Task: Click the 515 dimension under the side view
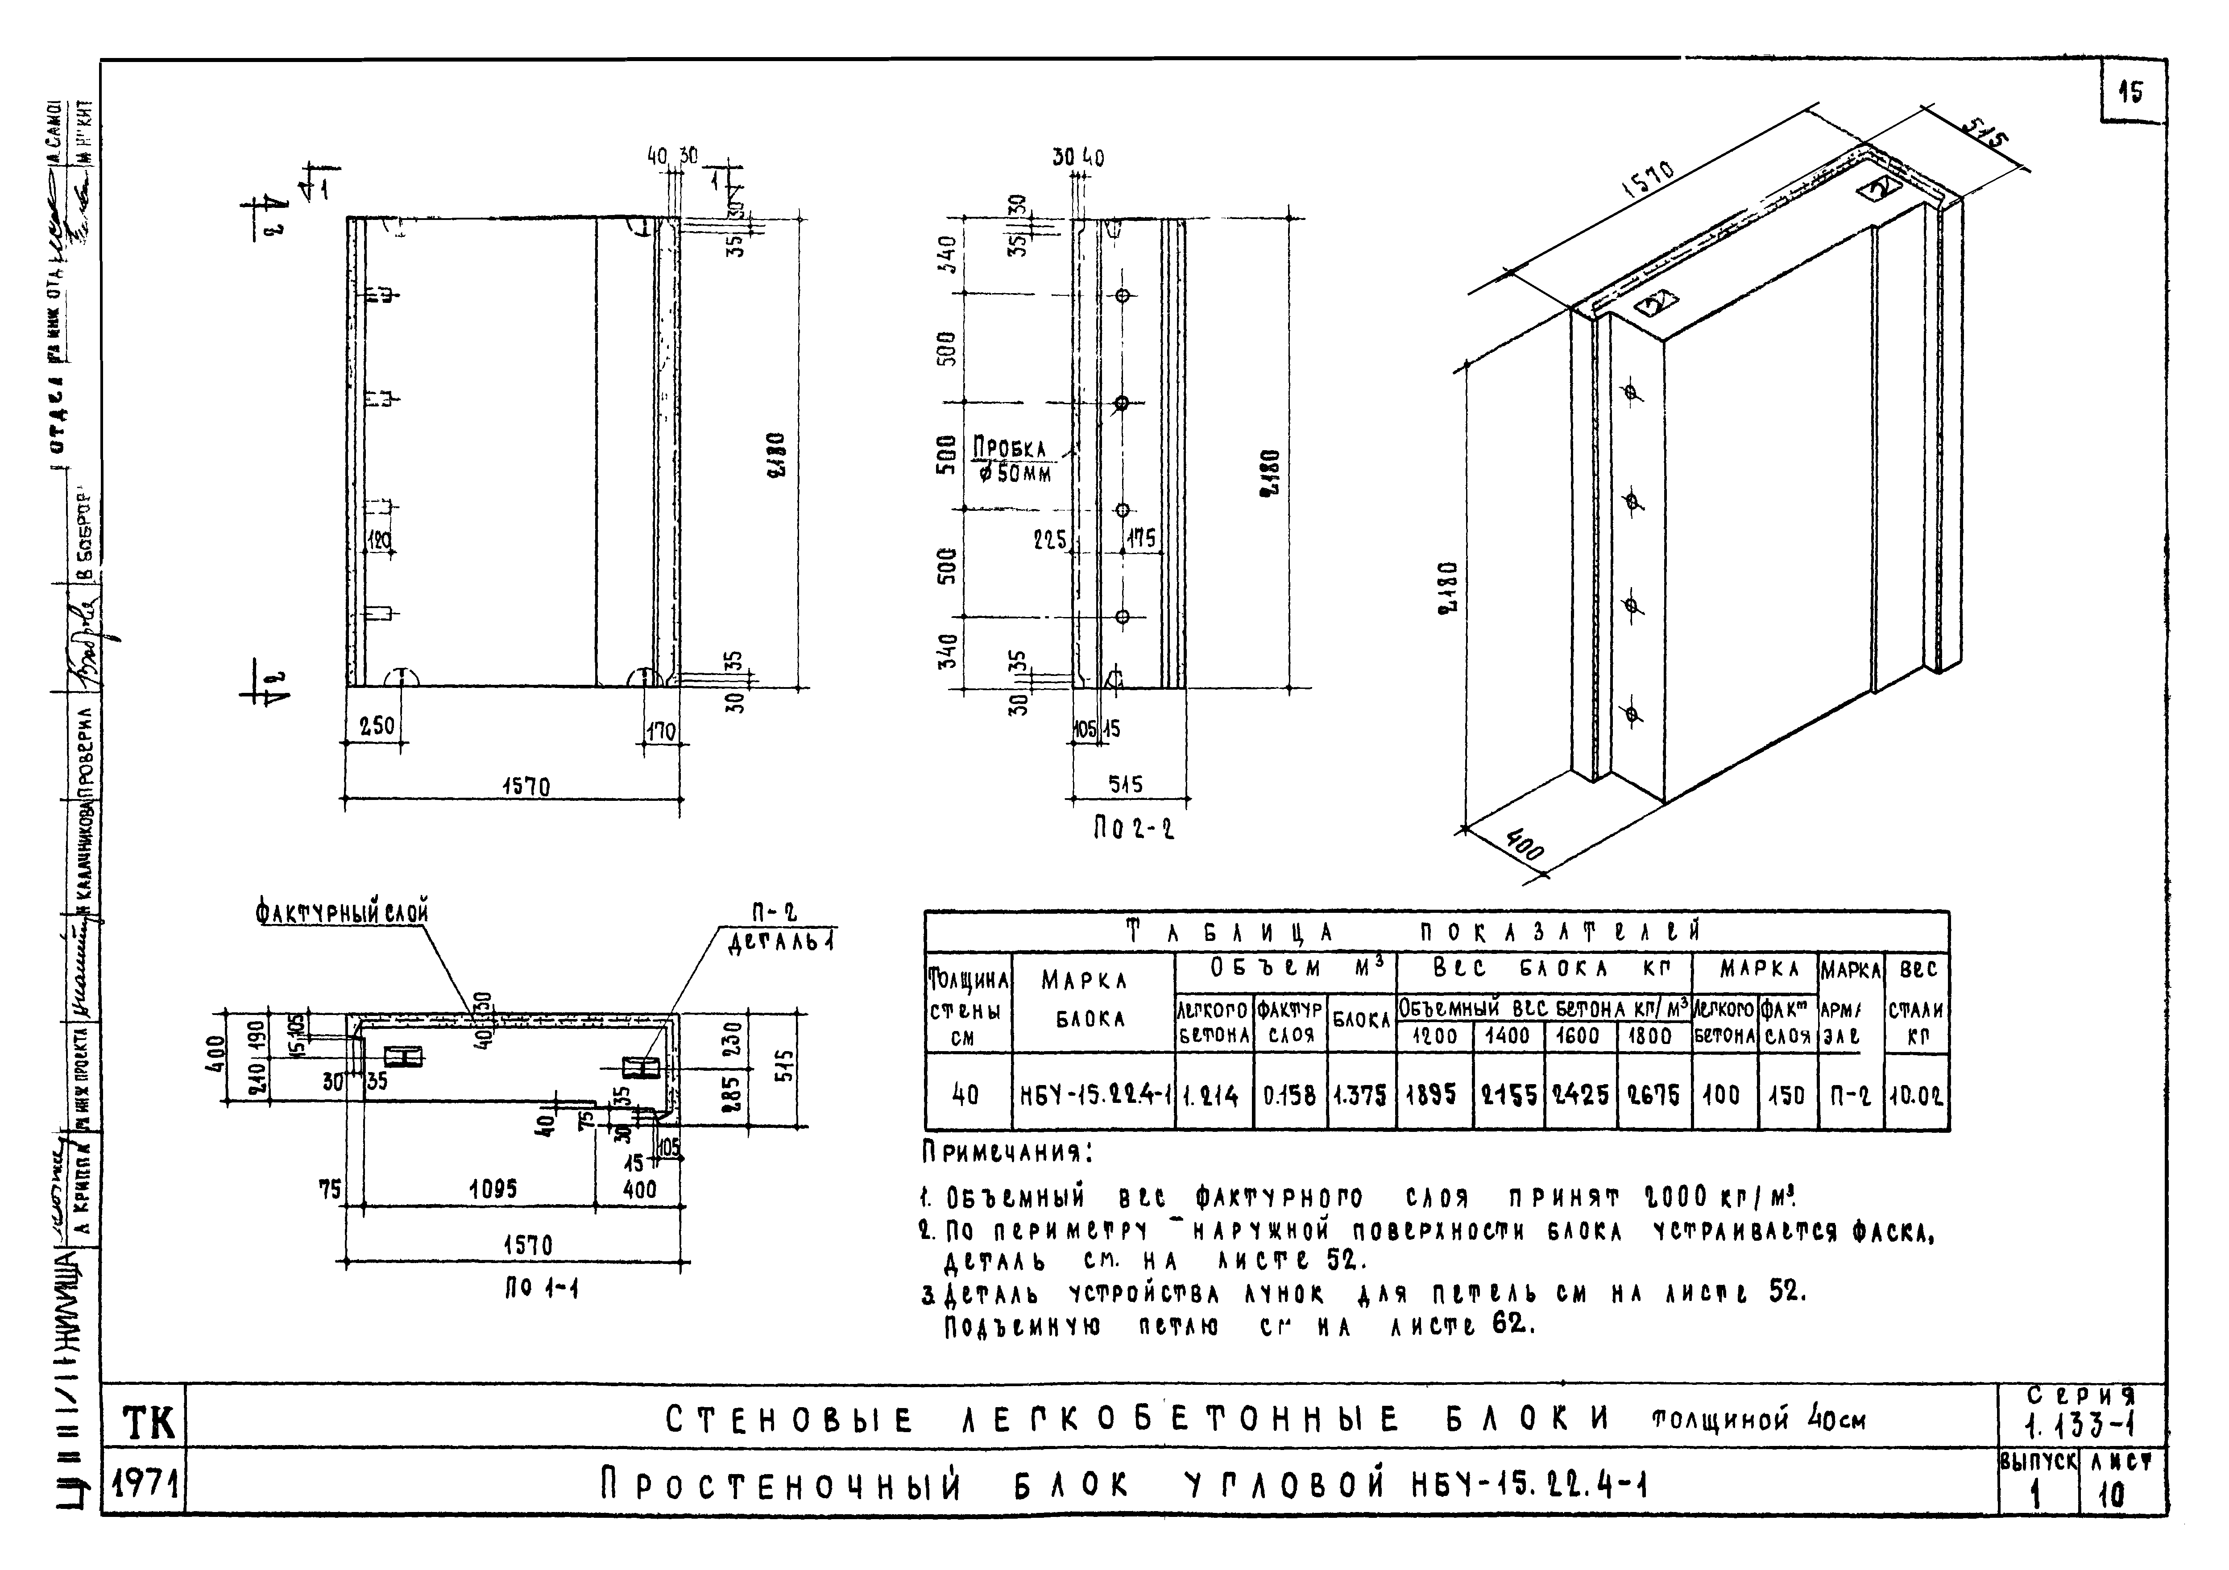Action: pyautogui.click(x=1126, y=783)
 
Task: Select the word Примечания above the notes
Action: pyautogui.click(x=1006, y=1153)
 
